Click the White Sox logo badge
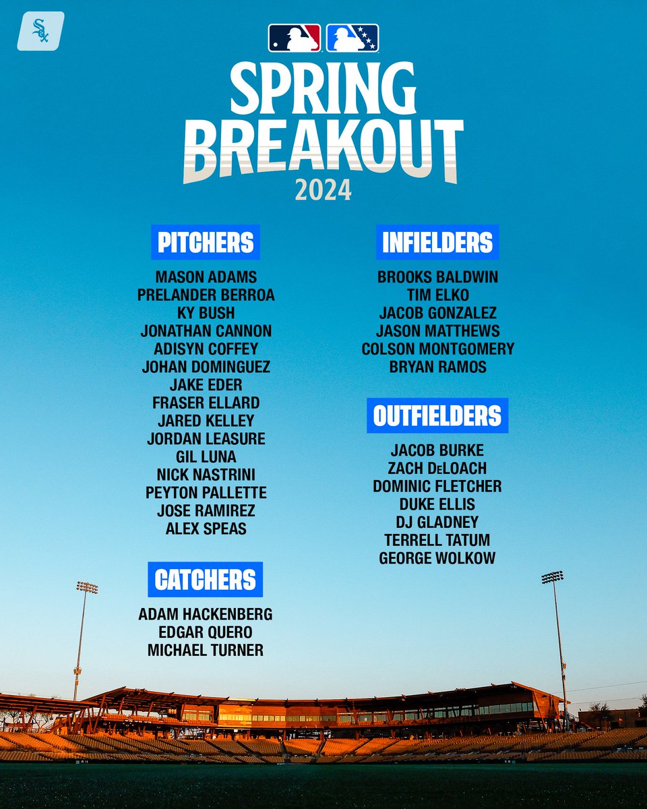pos(40,30)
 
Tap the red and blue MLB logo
pos(295,38)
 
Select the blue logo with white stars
pos(352,38)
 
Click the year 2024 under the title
pos(323,190)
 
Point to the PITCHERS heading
pos(206,243)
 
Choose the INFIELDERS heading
pos(437,243)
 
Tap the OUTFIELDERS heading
pos(437,415)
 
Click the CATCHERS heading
pos(205,580)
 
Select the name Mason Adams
pos(206,277)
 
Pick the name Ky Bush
pos(206,313)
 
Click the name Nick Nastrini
pos(206,475)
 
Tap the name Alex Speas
pos(206,529)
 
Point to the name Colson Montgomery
pos(438,349)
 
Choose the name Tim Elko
pos(438,295)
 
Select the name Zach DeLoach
pos(438,468)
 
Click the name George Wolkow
pos(437,558)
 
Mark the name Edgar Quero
pos(205,632)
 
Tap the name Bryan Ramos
pos(438,367)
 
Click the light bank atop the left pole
pos(86,587)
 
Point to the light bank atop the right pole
pos(553,577)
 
